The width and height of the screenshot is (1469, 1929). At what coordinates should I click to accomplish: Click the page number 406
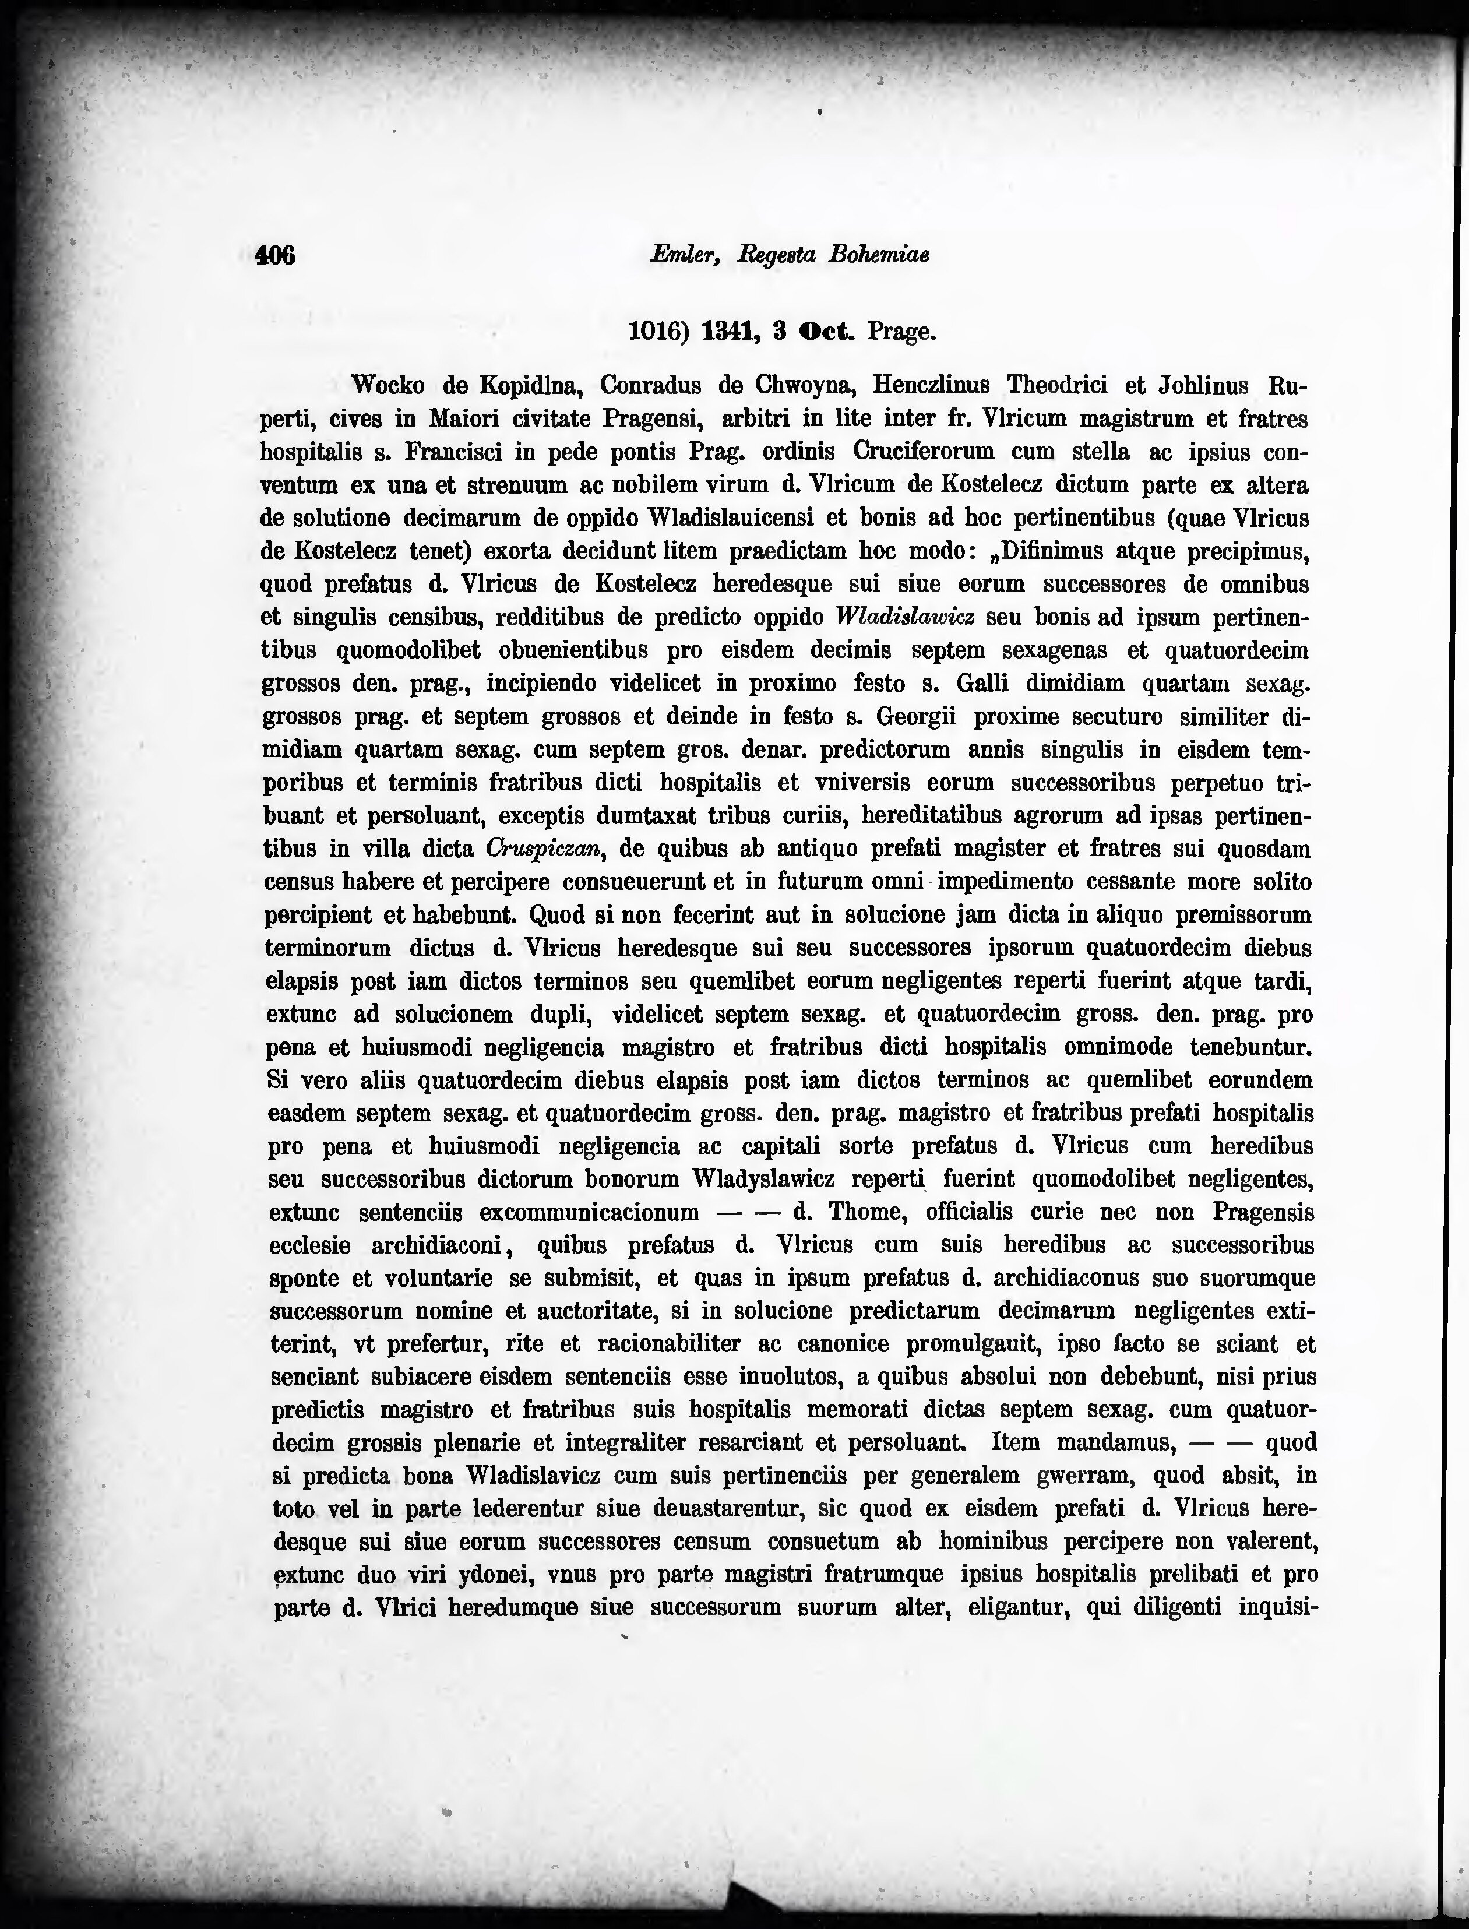[x=276, y=255]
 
